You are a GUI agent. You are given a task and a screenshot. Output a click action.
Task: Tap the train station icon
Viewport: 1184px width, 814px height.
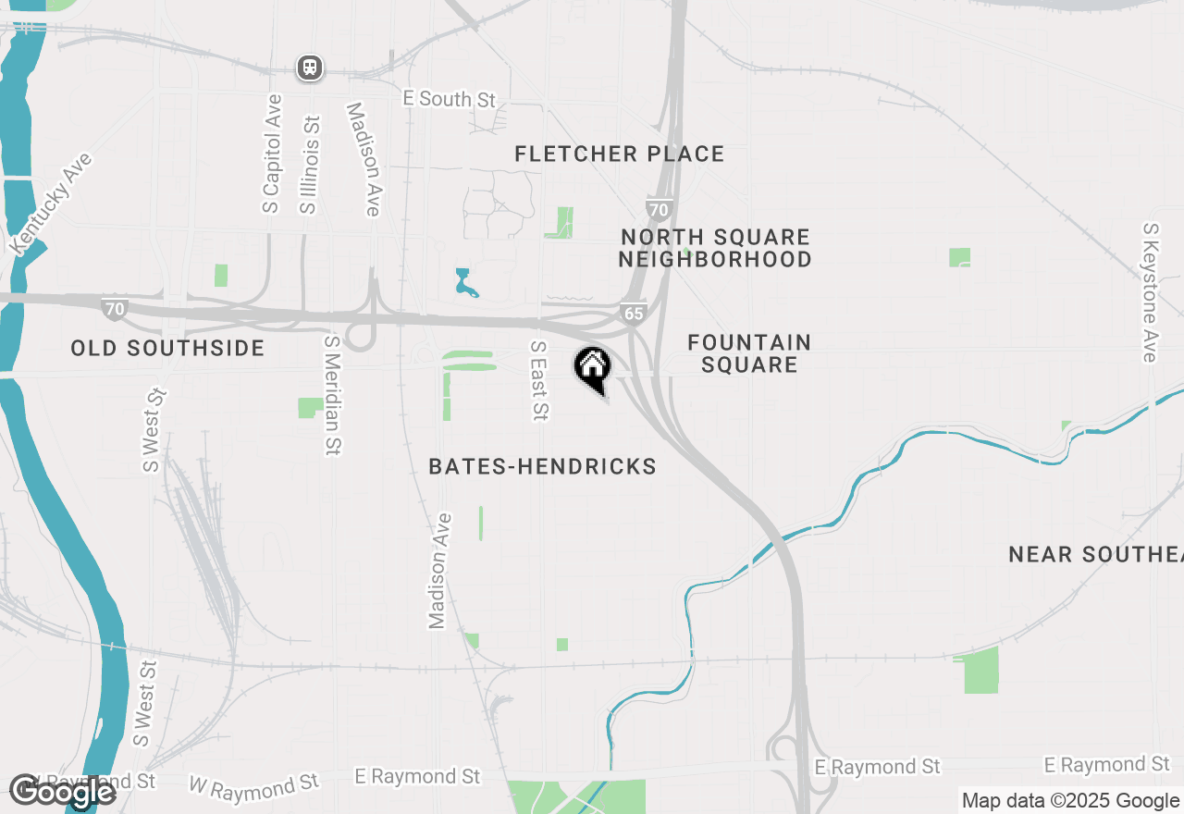[x=309, y=68]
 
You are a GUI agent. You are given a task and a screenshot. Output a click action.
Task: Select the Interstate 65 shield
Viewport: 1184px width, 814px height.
[x=633, y=314]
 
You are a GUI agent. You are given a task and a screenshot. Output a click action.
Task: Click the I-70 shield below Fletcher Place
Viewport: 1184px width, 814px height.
[x=658, y=209]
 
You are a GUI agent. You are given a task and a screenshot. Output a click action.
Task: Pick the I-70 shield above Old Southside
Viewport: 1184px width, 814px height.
[x=115, y=309]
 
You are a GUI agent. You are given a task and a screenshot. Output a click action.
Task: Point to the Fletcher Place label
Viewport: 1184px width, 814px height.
[x=620, y=154]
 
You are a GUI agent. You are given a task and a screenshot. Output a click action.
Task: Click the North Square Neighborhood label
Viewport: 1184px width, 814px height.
[x=715, y=249]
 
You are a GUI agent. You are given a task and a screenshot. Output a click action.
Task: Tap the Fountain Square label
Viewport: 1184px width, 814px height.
[x=749, y=353]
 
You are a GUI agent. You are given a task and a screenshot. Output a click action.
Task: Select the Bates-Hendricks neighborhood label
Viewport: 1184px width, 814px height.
[x=543, y=467]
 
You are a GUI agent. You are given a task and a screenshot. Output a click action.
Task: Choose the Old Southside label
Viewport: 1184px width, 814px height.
[x=168, y=349]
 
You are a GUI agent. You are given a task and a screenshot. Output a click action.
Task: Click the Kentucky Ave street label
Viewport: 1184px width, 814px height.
[x=52, y=203]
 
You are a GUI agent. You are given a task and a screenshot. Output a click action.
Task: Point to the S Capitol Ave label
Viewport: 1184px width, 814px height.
[x=271, y=154]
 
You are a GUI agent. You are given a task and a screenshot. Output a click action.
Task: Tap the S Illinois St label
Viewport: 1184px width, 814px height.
[x=309, y=165]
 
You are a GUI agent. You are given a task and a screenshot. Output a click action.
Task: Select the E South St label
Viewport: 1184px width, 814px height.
[x=450, y=99]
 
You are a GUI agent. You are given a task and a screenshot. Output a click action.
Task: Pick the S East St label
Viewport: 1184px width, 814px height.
[x=538, y=380]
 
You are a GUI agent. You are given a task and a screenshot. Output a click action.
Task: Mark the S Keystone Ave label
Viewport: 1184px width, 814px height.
[x=1150, y=292]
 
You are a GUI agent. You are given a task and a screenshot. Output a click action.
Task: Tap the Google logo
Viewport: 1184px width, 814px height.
[x=62, y=791]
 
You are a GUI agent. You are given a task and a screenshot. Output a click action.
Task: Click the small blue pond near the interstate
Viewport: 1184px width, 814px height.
[x=465, y=282]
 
